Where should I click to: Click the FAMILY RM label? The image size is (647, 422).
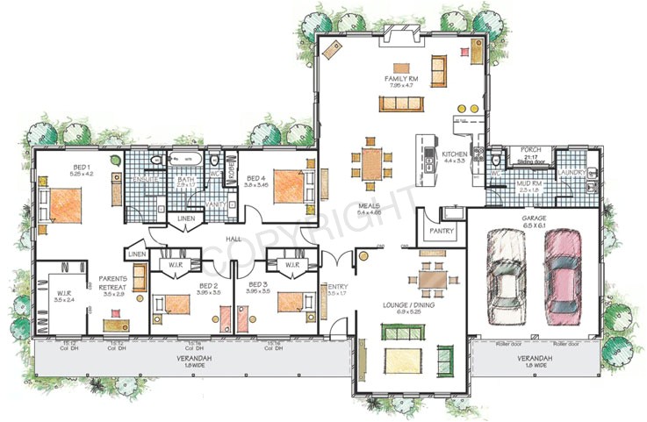399,79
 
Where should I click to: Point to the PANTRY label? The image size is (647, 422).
440,232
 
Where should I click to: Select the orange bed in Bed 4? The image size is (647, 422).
290,186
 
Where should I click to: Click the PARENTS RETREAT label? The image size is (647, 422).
114,283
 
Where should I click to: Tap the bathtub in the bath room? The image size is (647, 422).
186,161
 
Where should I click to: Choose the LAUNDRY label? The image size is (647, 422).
572,173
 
